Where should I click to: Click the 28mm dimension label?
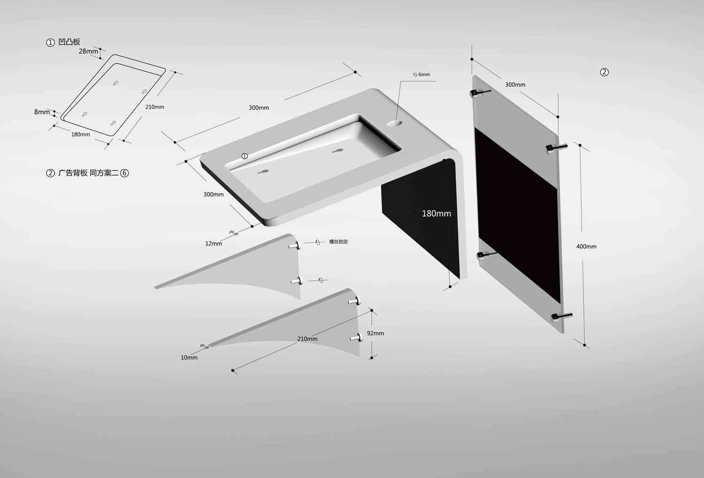88,51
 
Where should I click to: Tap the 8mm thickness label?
42,112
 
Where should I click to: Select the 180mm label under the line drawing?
80,134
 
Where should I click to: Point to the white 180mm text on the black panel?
436,214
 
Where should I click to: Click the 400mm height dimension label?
586,246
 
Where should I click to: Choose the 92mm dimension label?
375,333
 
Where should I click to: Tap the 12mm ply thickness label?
214,244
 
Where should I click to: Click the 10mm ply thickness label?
189,358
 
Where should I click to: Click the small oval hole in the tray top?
394,124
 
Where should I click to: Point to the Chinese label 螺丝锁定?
338,242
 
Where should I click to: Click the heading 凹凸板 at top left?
69,42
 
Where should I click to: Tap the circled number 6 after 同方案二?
124,173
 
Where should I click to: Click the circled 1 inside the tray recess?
245,156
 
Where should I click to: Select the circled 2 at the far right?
604,72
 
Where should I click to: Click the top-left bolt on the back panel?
480,93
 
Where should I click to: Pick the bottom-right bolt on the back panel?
562,317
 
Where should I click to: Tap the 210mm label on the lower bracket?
307,339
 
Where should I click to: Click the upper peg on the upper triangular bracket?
295,246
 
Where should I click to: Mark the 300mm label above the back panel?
515,85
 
